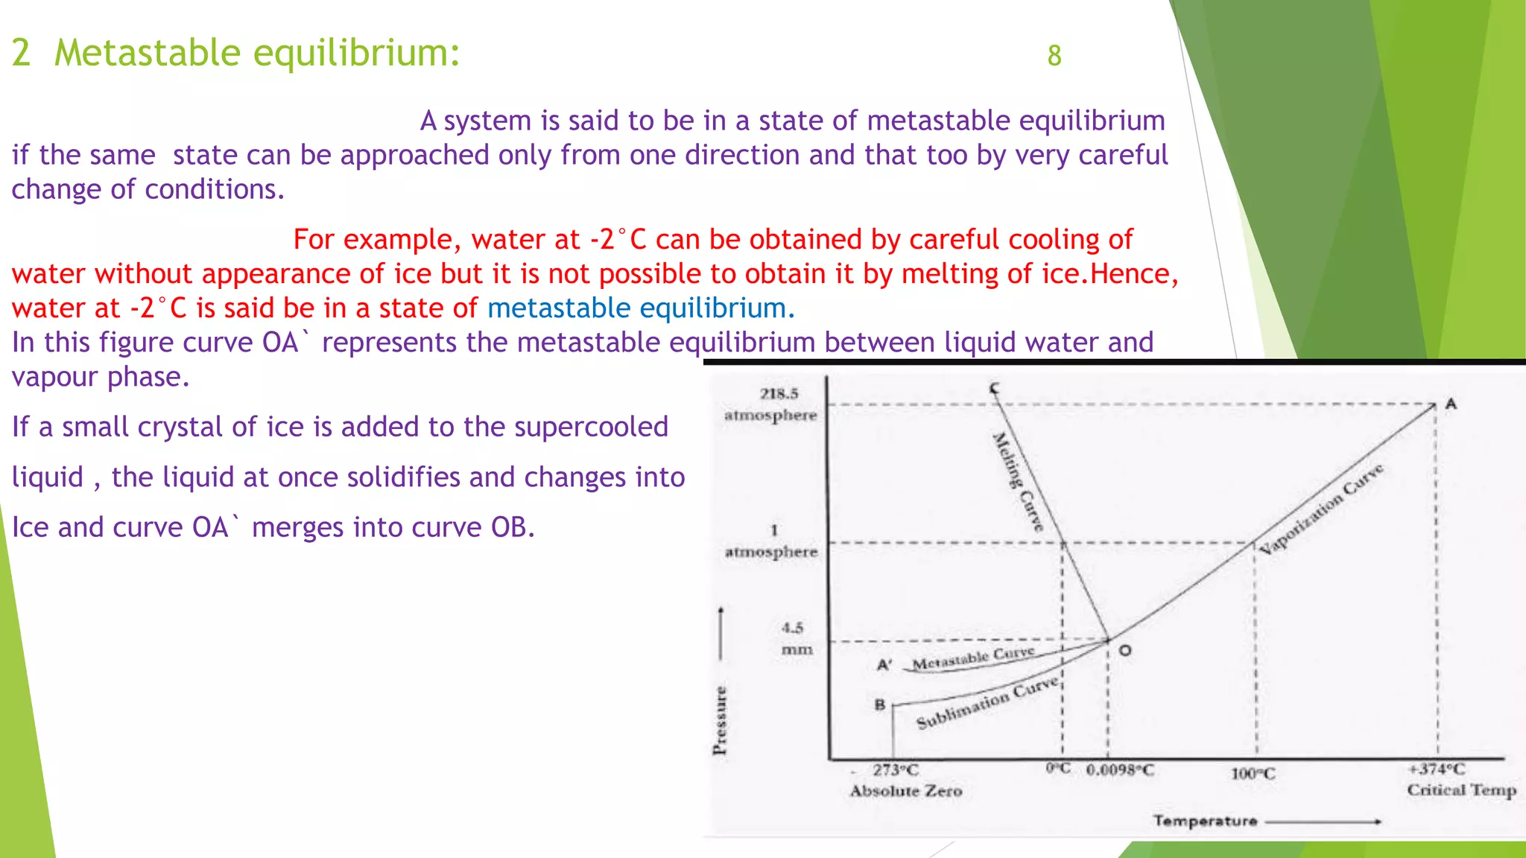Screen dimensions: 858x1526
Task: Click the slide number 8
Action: click(1054, 56)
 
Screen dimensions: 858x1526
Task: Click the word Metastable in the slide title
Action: click(147, 53)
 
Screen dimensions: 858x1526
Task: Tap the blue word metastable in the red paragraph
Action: click(559, 308)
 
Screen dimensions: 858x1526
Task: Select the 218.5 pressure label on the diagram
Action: click(779, 393)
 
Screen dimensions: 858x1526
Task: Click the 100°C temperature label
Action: click(1253, 774)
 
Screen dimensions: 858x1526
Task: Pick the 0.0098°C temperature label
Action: click(1119, 769)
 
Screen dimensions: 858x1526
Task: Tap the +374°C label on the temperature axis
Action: click(1437, 769)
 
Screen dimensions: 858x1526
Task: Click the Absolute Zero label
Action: click(905, 791)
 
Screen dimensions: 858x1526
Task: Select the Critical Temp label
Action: click(1461, 790)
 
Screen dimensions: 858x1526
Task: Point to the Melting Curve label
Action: click(1018, 481)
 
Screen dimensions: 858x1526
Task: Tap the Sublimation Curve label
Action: click(987, 702)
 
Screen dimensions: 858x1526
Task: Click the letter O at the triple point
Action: click(1125, 650)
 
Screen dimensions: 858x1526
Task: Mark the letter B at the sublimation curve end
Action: click(879, 704)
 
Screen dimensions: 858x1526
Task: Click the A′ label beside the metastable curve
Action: click(884, 664)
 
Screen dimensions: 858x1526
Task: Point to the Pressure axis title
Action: click(720, 719)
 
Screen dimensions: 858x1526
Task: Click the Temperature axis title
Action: click(1205, 821)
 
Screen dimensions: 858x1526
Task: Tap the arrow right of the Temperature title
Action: click(1323, 822)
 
